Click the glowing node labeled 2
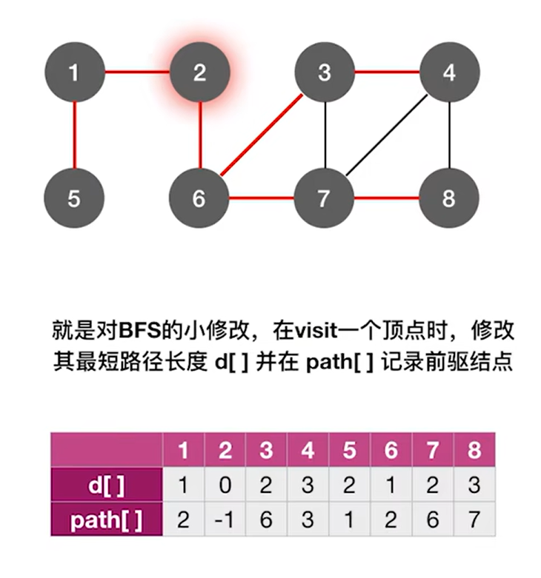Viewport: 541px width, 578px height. pyautogui.click(x=199, y=73)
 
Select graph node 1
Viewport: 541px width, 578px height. pyautogui.click(x=73, y=73)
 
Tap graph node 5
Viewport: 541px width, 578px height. pyautogui.click(x=73, y=198)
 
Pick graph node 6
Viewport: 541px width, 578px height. pyautogui.click(x=199, y=198)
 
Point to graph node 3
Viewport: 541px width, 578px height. pyautogui.click(x=325, y=73)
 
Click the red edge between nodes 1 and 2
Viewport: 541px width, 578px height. pyautogui.click(x=136, y=73)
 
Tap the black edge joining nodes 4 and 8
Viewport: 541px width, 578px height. pyautogui.click(x=451, y=135)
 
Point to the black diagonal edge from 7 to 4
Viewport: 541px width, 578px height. pyautogui.click(x=387, y=136)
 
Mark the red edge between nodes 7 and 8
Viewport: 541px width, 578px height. pyautogui.click(x=387, y=198)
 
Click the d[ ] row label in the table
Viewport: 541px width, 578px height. pyautogui.click(x=106, y=485)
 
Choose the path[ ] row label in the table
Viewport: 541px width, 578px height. pyautogui.click(x=106, y=520)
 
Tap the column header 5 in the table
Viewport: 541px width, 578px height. pyautogui.click(x=349, y=451)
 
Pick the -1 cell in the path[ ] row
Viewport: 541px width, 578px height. pyautogui.click(x=225, y=520)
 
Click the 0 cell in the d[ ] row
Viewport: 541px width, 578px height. pyautogui.click(x=225, y=485)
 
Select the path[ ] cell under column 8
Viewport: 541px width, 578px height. pyautogui.click(x=474, y=520)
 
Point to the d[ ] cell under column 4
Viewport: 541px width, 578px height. pyautogui.click(x=308, y=485)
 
